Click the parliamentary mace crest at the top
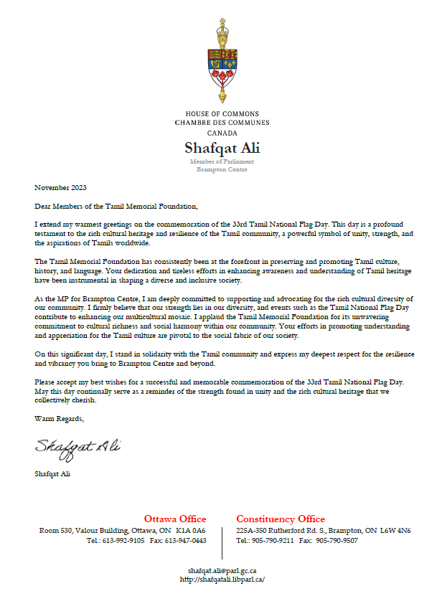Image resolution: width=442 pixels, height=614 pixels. point(222,61)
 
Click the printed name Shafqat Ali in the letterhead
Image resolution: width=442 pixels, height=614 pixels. point(222,148)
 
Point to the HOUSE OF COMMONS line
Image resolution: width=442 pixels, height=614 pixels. point(222,114)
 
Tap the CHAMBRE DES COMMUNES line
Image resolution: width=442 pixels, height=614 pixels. point(222,123)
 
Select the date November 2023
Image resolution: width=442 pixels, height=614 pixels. point(61,188)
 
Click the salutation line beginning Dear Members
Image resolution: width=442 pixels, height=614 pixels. point(116,207)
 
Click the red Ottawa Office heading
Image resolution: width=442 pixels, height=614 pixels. point(175,519)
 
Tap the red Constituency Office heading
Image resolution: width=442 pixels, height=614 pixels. point(281,519)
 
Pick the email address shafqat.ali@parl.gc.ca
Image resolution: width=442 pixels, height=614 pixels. point(222,570)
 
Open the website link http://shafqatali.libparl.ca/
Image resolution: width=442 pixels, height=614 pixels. point(222,579)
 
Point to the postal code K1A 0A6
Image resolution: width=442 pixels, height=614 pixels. point(190,531)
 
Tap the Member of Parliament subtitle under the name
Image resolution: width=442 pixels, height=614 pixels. point(222,162)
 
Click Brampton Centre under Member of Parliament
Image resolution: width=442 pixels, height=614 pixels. point(222,169)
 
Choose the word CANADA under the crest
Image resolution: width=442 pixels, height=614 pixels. point(222,133)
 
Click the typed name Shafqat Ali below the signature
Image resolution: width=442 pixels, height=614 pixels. point(52,474)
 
